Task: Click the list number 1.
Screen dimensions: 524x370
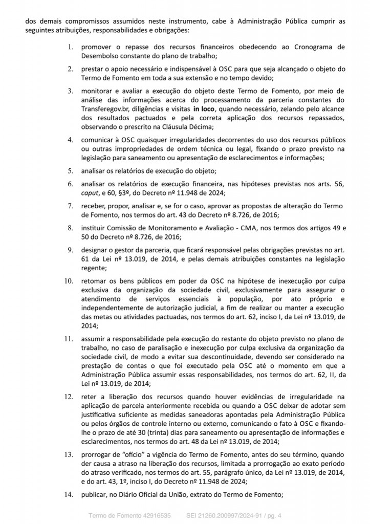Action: (x=71, y=47)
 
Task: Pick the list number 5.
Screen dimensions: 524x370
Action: (x=71, y=170)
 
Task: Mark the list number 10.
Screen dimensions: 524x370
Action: (x=69, y=280)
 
